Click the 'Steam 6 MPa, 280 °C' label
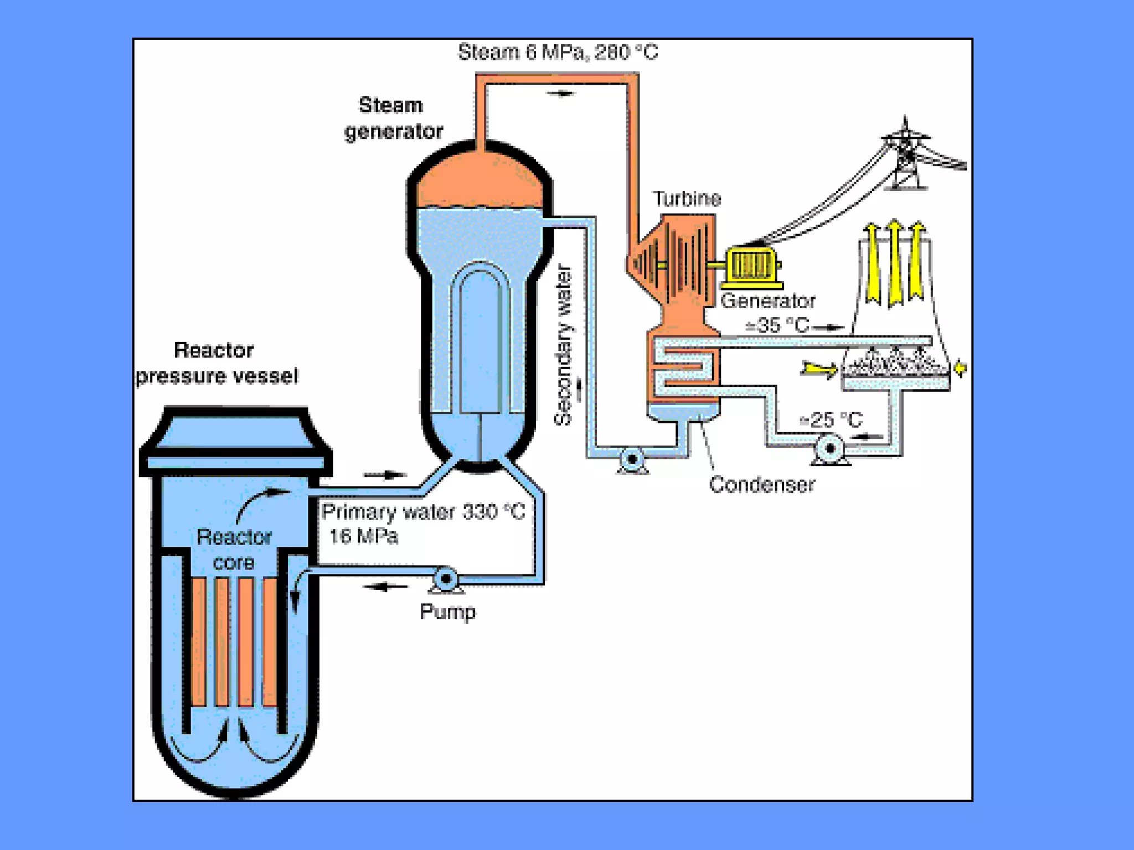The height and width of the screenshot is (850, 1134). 558,53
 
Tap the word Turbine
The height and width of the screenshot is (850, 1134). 687,199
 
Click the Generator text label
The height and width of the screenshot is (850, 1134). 767,301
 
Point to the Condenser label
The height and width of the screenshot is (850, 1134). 761,485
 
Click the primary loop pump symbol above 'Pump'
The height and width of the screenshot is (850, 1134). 445,579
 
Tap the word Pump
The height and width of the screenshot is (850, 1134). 447,612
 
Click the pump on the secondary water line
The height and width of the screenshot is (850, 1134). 632,459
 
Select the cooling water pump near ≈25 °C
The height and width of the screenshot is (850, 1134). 829,448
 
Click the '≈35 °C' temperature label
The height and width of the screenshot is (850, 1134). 777,325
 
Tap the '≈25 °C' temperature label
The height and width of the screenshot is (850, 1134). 831,420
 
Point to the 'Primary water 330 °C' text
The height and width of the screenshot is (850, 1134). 423,512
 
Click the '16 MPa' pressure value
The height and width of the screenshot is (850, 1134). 363,536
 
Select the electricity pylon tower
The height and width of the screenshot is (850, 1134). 906,155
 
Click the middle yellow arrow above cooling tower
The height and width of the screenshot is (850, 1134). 894,263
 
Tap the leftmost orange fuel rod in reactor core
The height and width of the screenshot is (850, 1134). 199,642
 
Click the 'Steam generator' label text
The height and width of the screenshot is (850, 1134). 393,118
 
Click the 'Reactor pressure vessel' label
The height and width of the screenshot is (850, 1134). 217,364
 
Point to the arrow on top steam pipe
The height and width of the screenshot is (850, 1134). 561,94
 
